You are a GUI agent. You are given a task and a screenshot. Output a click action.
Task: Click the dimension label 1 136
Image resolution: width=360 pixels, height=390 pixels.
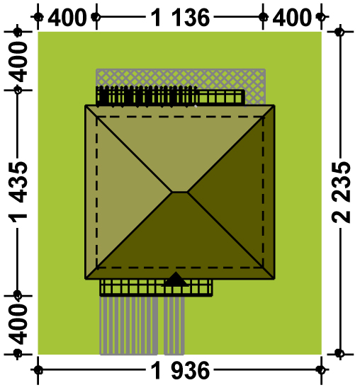pyautogui.click(x=180, y=18)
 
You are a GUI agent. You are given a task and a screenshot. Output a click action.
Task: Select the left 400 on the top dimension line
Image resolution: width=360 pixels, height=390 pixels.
pyautogui.click(x=67, y=18)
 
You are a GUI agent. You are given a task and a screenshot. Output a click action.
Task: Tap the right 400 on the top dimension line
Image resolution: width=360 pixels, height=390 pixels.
pyautogui.click(x=292, y=18)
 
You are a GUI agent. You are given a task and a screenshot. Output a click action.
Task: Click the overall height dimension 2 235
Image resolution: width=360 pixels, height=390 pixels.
pyautogui.click(x=341, y=193)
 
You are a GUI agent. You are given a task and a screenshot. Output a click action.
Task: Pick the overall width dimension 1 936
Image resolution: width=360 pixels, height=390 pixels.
pyautogui.click(x=180, y=371)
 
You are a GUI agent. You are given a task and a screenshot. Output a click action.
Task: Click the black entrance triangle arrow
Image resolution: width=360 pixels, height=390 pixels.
pyautogui.click(x=176, y=280)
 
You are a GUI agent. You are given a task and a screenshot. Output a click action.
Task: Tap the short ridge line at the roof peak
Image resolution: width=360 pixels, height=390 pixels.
pyautogui.click(x=180, y=192)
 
